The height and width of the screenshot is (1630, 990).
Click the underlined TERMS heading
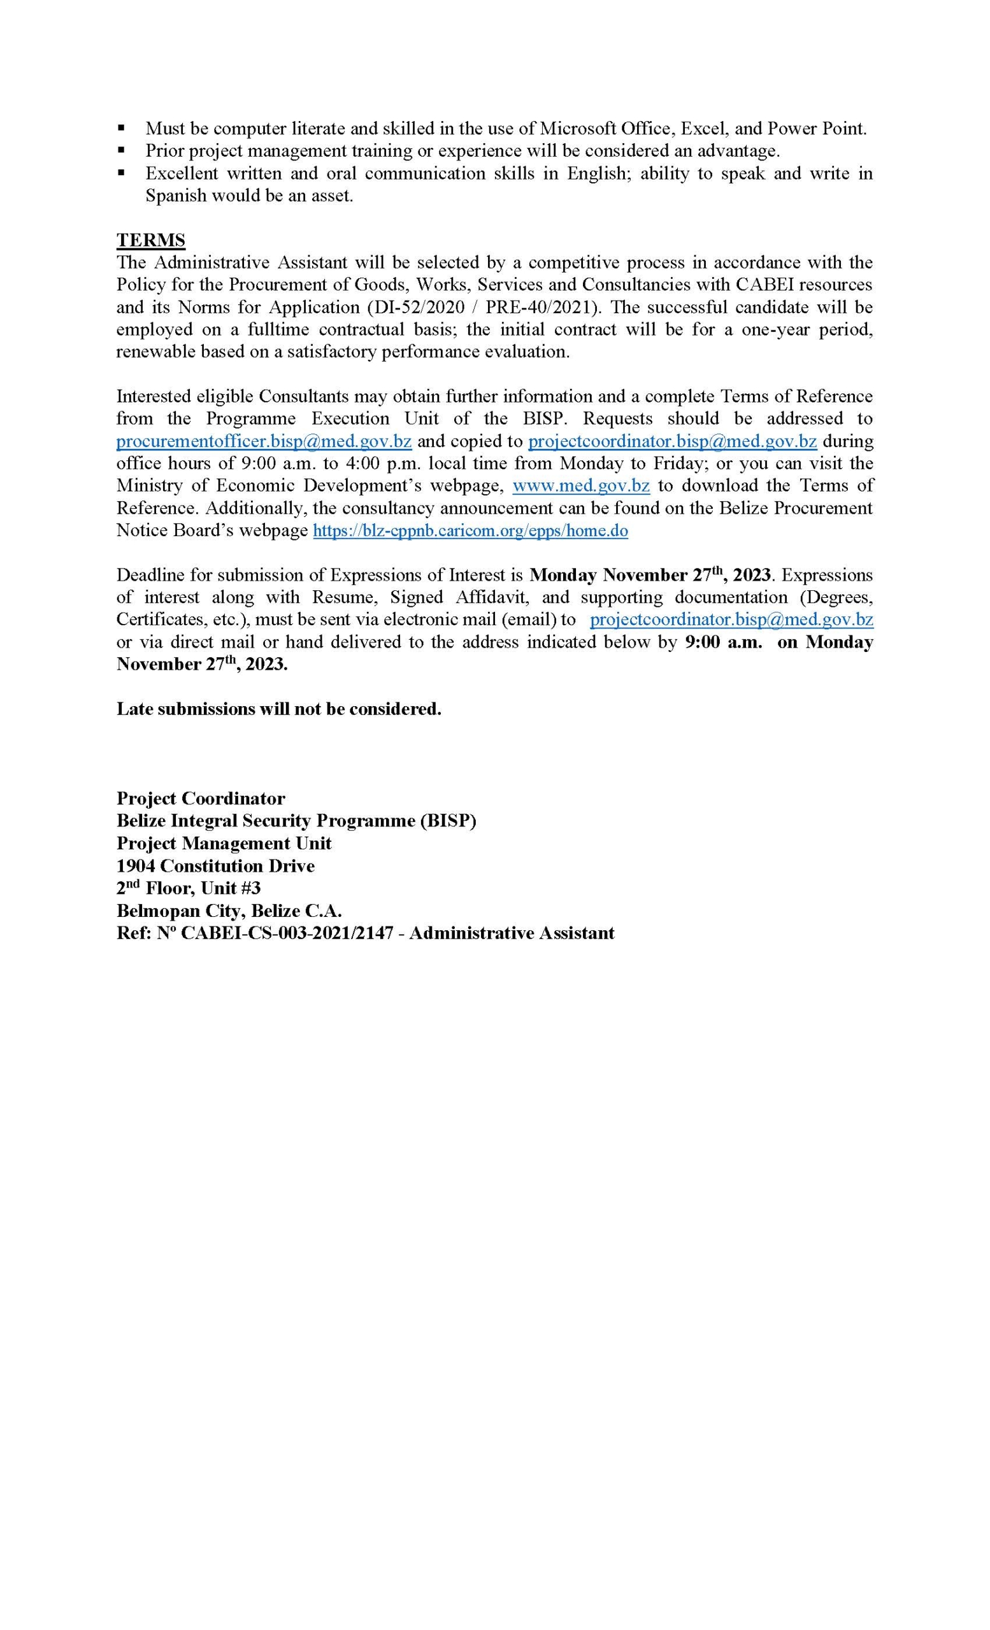[150, 239]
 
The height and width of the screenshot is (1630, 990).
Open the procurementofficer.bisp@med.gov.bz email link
[263, 441]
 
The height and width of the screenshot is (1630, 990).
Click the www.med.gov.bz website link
[580, 485]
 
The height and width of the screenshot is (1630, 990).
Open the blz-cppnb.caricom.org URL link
[470, 530]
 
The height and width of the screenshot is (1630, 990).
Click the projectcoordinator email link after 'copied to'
[672, 441]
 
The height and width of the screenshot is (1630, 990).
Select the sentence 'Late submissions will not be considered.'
[278, 709]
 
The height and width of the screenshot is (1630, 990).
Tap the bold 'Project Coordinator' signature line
[201, 798]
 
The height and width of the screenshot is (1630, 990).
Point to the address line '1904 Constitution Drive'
[215, 865]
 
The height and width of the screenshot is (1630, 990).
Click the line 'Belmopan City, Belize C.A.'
[229, 911]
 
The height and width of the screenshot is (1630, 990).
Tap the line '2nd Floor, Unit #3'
[189, 888]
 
